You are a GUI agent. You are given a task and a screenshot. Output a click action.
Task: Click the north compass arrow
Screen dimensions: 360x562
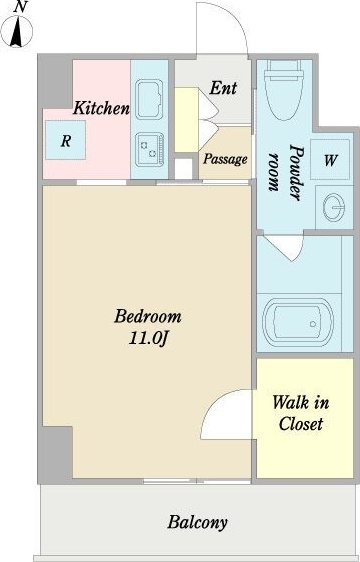coord(16,33)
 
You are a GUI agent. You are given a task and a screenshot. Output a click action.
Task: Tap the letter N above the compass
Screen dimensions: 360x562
coord(20,7)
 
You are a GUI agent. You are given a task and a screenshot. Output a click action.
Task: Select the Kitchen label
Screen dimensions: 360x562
coord(101,108)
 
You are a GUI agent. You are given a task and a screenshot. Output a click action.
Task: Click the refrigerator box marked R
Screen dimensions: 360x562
coord(66,140)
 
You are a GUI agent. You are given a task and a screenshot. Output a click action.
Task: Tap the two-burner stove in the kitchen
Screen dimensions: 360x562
coord(150,150)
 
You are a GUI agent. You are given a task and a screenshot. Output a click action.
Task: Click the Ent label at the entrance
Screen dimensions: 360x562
coord(223,88)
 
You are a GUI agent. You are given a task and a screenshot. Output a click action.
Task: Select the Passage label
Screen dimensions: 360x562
coord(225,159)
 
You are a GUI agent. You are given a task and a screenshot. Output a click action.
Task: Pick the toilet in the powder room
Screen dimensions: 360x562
coord(284,90)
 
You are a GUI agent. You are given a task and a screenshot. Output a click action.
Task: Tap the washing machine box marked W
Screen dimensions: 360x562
coord(330,159)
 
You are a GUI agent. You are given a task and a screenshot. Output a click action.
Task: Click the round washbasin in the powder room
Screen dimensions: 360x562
coord(333,208)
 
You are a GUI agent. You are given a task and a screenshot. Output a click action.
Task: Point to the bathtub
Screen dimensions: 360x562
coord(298,323)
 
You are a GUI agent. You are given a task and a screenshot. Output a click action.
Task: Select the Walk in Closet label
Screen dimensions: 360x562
coord(300,413)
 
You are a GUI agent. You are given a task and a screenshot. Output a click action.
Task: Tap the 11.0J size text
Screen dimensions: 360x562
coord(148,339)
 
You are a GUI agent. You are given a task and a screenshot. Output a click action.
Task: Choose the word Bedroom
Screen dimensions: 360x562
coord(148,317)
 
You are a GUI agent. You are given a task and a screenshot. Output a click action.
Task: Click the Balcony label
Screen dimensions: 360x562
coord(198,522)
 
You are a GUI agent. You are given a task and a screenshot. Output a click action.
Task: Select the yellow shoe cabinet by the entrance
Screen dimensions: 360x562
coord(186,119)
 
